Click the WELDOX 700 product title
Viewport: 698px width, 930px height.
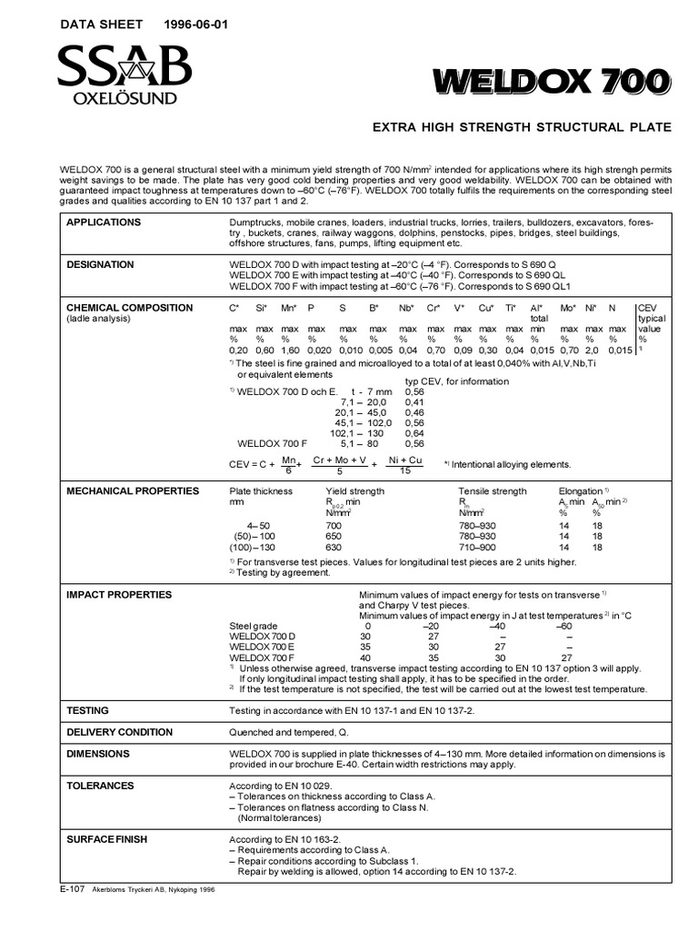552,82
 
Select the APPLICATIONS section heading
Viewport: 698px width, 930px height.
104,223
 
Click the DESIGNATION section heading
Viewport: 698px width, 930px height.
101,265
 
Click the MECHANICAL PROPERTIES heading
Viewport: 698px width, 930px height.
133,491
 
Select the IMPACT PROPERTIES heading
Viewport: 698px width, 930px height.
119,595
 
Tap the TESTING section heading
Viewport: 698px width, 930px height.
88,710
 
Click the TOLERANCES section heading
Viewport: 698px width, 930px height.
100,786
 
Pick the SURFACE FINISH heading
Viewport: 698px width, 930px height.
107,839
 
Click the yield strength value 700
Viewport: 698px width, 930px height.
334,526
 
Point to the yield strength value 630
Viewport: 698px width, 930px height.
334,548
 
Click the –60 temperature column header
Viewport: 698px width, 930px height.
563,627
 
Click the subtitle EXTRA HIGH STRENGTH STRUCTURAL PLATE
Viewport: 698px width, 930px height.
523,127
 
